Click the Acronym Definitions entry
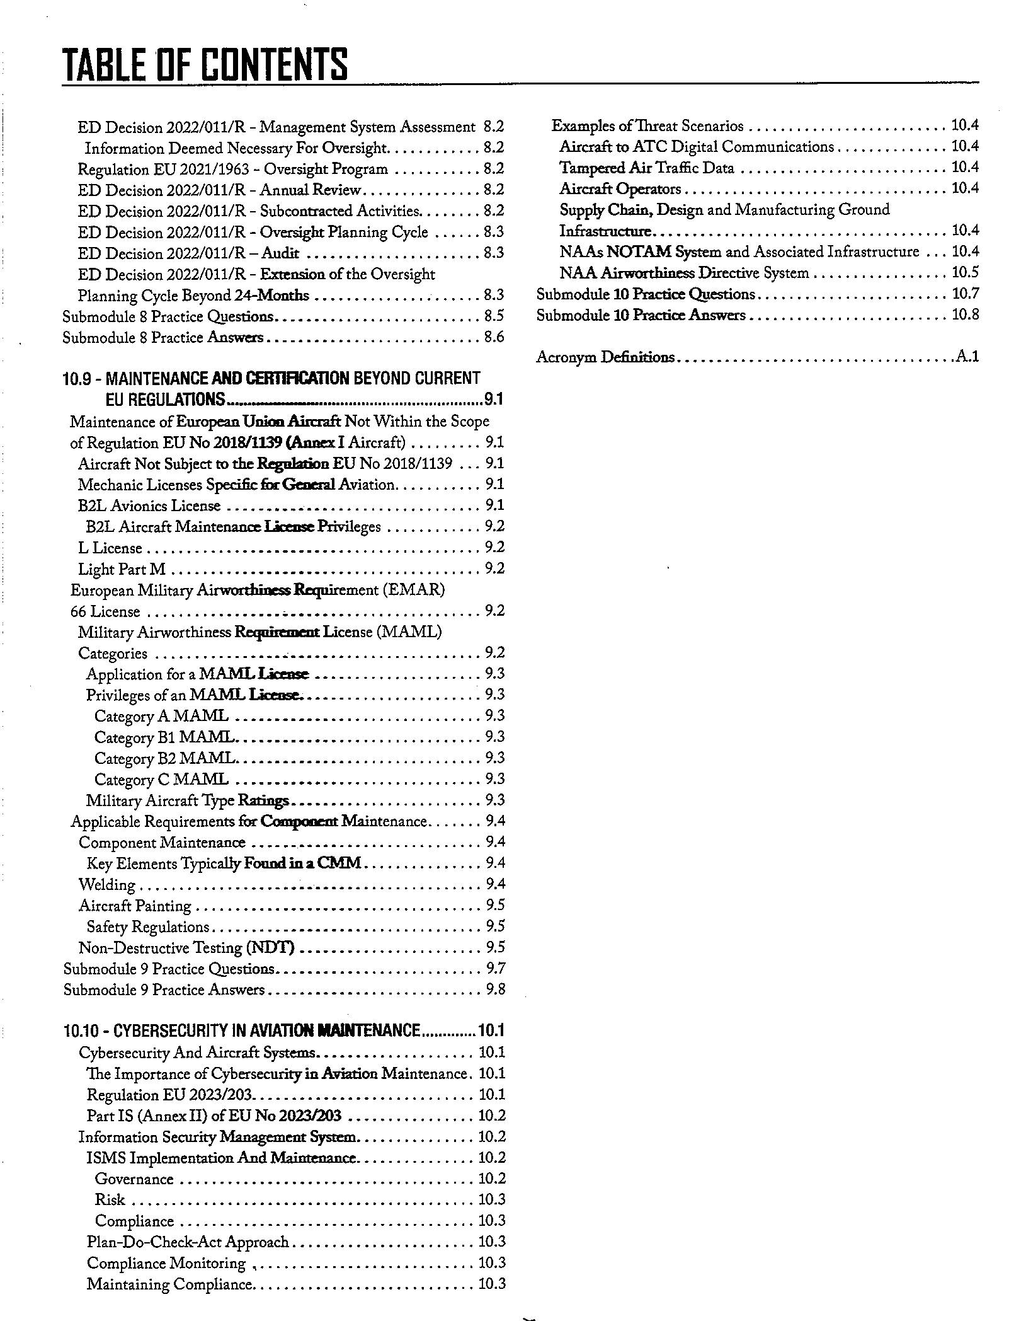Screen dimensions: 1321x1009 tap(605, 357)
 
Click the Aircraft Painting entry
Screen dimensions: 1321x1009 tap(135, 906)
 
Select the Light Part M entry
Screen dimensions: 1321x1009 tap(122, 569)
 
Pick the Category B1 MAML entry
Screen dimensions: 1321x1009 tap(164, 737)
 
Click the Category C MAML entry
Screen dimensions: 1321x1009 tap(161, 779)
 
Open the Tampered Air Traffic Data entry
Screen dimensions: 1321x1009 tap(647, 168)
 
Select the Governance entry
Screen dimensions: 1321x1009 tap(134, 1179)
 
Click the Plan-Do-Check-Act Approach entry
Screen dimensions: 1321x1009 tap(187, 1242)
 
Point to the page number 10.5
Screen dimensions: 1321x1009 tap(965, 272)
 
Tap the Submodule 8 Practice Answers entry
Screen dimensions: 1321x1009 tap(162, 338)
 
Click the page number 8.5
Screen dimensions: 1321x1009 tap(494, 316)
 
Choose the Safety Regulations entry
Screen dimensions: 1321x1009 tap(147, 926)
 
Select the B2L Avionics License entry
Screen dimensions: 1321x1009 tap(149, 505)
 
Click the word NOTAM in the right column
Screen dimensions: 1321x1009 tap(639, 252)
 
